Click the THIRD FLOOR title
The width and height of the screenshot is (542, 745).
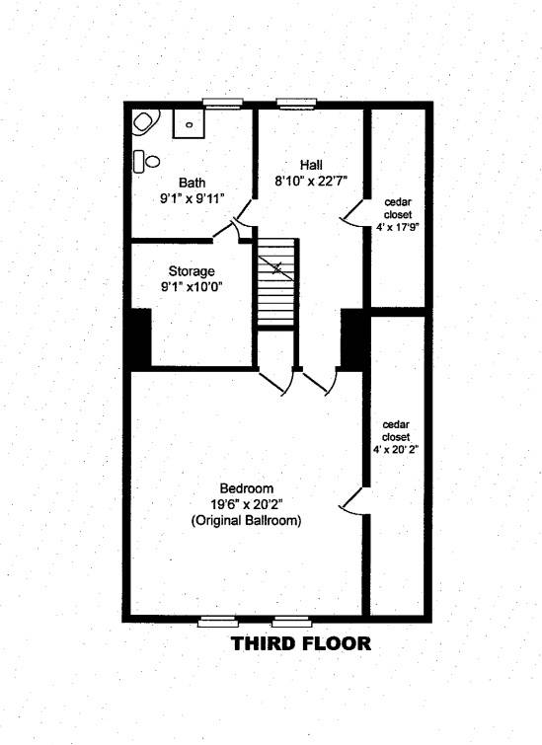pos(300,643)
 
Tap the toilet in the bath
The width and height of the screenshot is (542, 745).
pos(146,161)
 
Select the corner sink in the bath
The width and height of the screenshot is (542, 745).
pos(145,122)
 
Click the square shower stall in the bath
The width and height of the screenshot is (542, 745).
pos(189,123)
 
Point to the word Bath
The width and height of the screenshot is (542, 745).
pos(193,183)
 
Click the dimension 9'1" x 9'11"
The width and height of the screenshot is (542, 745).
pos(193,198)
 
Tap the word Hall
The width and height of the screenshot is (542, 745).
pos(311,165)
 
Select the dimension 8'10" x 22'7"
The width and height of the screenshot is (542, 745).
pos(311,181)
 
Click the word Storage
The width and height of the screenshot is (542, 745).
pos(192,271)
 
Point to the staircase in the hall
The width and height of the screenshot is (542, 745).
pos(276,282)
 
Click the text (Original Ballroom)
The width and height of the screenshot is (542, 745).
pos(246,520)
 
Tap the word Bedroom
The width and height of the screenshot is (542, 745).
pos(246,488)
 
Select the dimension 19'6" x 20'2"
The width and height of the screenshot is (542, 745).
pos(246,504)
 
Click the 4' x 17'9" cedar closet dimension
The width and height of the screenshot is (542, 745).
pos(398,227)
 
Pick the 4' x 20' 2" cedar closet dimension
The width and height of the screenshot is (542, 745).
pos(397,449)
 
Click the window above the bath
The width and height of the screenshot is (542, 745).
pos(222,104)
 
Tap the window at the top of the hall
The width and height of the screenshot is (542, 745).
pos(296,104)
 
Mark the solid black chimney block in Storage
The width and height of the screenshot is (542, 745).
pos(140,336)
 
